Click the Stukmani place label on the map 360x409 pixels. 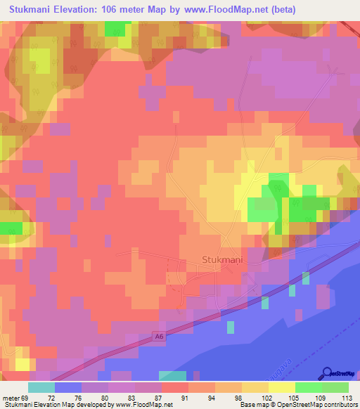pyautogui.click(x=222, y=259)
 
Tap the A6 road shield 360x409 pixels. pyautogui.click(x=161, y=339)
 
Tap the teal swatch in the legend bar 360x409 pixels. pyautogui.click(x=41, y=387)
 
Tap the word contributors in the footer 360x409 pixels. pyautogui.click(x=337, y=405)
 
